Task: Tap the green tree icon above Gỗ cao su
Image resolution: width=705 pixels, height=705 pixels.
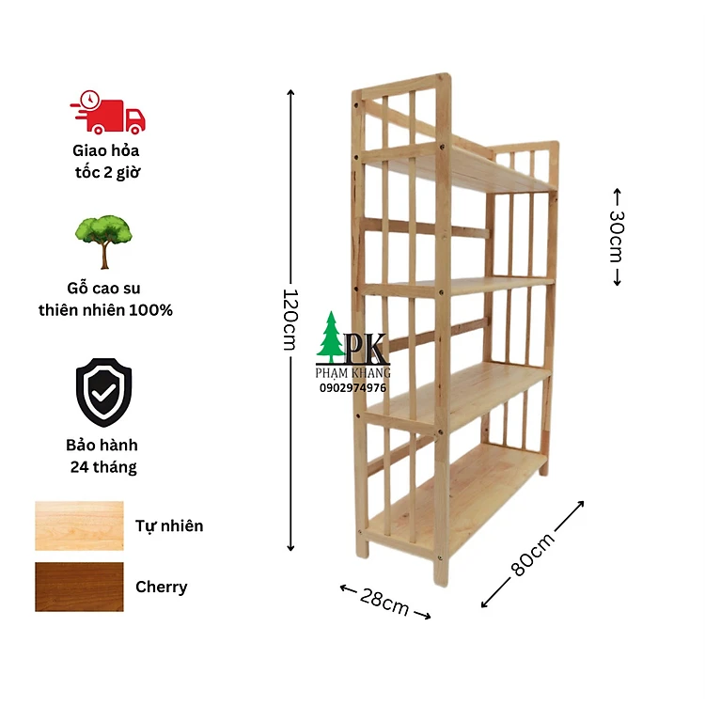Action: click(x=103, y=242)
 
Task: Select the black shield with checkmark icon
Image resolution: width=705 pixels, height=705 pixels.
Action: click(x=103, y=392)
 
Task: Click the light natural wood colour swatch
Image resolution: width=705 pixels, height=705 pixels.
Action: click(x=79, y=525)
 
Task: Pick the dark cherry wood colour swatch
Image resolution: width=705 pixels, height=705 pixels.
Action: click(x=79, y=587)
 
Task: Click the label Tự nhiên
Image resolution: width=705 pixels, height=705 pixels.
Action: click(x=169, y=526)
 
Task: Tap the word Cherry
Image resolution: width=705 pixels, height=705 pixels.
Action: click(x=162, y=587)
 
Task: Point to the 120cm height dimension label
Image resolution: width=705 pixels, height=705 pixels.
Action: click(x=290, y=320)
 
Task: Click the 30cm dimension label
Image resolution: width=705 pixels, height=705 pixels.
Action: click(x=617, y=236)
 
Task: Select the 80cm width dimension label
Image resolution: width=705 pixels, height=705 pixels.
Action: click(x=533, y=555)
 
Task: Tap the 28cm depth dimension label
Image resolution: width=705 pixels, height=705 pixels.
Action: click(x=384, y=602)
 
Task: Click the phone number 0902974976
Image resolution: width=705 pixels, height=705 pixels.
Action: click(x=352, y=388)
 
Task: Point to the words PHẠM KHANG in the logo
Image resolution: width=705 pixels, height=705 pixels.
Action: click(x=352, y=373)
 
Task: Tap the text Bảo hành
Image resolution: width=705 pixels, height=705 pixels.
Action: click(x=102, y=446)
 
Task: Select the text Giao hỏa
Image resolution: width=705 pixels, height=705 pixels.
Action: click(x=106, y=150)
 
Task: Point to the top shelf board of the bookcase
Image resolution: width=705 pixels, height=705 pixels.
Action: click(x=459, y=168)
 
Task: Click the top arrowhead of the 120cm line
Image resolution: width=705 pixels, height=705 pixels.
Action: click(x=290, y=92)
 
